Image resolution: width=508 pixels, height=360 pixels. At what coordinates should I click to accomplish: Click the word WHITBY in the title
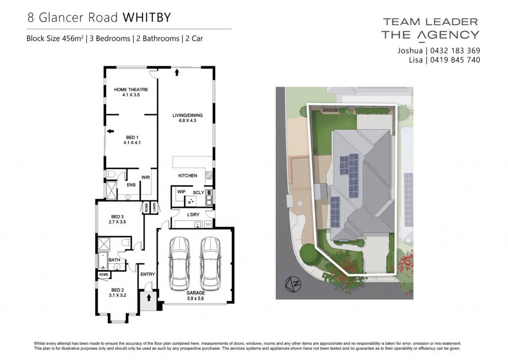coord(147,17)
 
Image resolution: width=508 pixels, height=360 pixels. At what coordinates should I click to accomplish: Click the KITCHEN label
coord(188,175)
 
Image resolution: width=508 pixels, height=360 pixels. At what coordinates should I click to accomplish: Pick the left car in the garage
coord(179,264)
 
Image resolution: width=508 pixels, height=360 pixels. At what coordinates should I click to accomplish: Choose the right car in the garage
coord(210,264)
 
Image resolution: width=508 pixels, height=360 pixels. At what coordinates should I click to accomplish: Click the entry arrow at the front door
coord(149,297)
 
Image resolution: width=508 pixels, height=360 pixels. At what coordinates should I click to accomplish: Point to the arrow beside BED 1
coord(111,131)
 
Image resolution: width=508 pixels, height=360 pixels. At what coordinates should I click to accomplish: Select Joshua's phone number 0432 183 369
coord(455,51)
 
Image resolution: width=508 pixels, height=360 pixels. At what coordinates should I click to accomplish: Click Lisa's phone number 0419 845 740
coord(455,60)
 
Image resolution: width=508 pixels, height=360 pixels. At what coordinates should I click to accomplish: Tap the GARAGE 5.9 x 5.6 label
coord(195,295)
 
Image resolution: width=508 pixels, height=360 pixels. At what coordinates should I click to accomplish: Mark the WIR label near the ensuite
coord(145,177)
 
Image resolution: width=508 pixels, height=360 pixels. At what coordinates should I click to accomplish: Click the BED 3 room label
coord(117,219)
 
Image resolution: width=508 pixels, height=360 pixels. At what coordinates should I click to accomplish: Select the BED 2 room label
coord(117,292)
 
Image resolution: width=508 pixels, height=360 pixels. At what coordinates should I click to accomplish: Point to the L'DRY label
coord(193,215)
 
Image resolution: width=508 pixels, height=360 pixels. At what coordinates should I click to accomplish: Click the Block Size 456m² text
coord(55,38)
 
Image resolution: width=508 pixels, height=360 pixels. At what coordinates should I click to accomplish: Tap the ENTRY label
coord(148,275)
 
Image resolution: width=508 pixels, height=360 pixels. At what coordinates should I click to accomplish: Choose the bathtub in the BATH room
coord(103,260)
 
